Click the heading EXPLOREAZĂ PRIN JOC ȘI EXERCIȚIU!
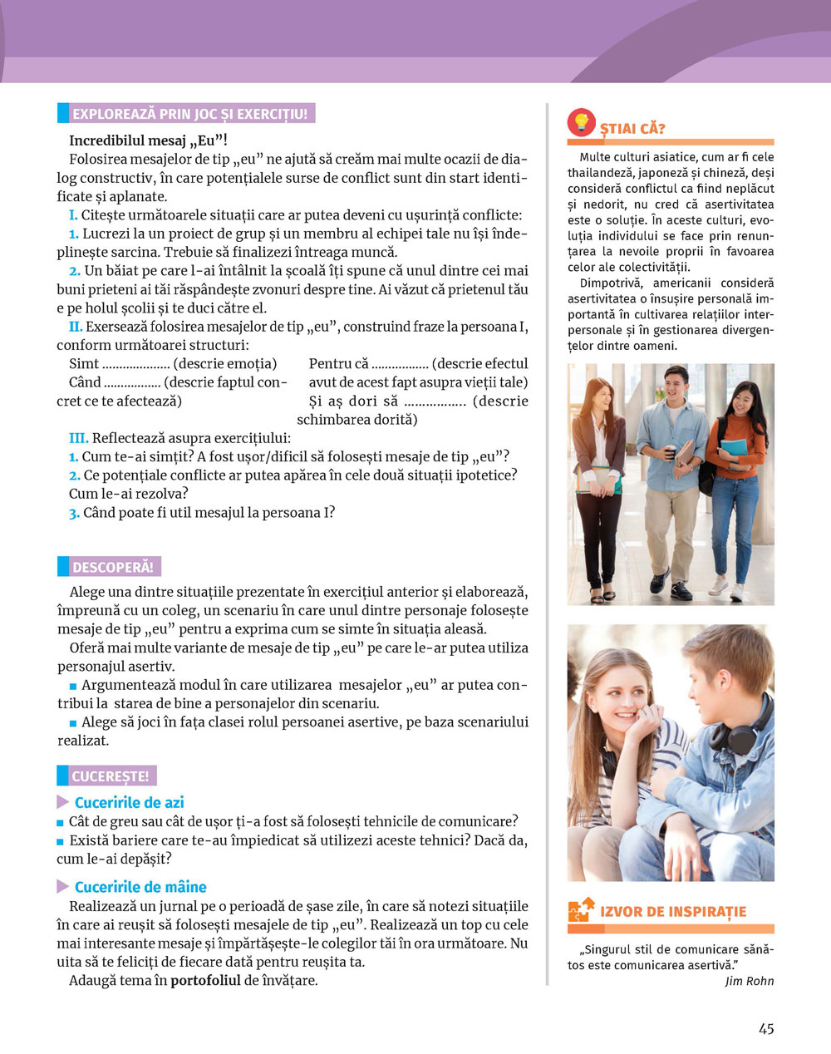[x=189, y=114]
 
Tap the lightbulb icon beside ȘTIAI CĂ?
[x=581, y=123]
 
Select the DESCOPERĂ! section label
[x=112, y=568]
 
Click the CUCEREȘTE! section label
[x=110, y=776]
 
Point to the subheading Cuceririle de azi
[x=129, y=802]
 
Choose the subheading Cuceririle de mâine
[x=140, y=887]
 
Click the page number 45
[x=765, y=1029]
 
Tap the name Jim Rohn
[x=749, y=981]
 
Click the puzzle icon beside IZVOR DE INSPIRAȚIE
[x=581, y=910]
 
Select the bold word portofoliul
[x=205, y=981]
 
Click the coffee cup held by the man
[x=670, y=452]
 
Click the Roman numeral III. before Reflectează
[x=78, y=438]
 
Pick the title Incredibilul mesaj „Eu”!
[x=148, y=140]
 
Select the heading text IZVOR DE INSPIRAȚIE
[x=673, y=912]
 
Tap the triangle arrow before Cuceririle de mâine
[x=62, y=886]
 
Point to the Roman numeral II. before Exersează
[x=76, y=327]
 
